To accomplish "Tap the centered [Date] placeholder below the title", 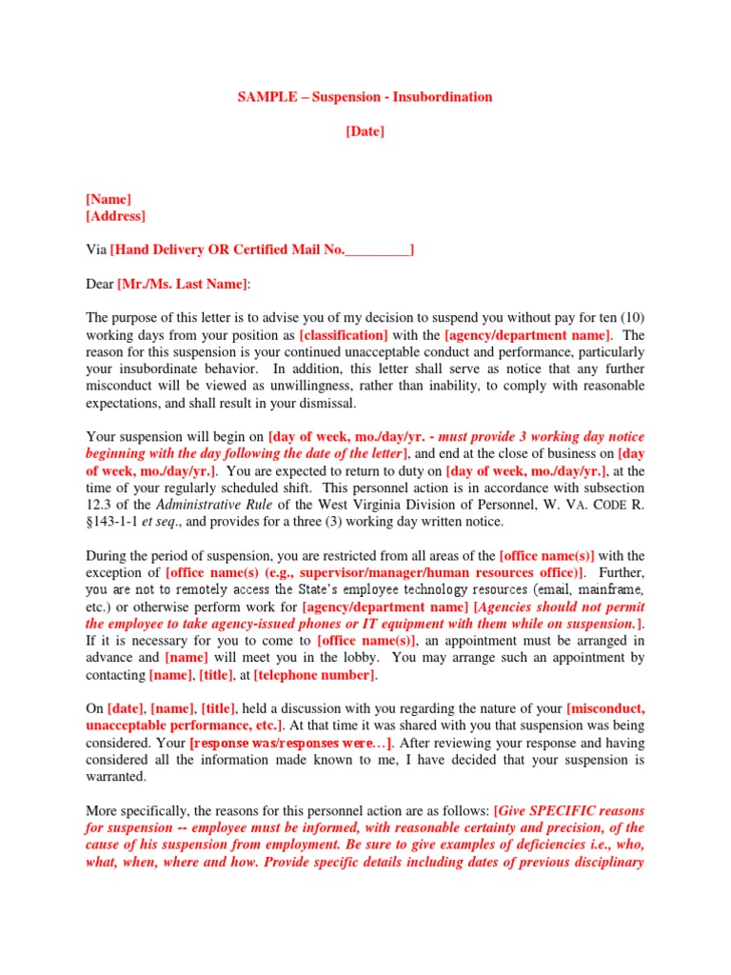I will pos(365,131).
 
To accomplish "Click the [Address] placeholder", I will pos(115,216).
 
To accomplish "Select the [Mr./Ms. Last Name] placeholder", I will pos(182,284).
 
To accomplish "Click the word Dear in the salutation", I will pos(100,284).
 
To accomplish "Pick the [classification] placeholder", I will pos(344,335).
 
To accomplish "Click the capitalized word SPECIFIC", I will pos(559,810).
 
